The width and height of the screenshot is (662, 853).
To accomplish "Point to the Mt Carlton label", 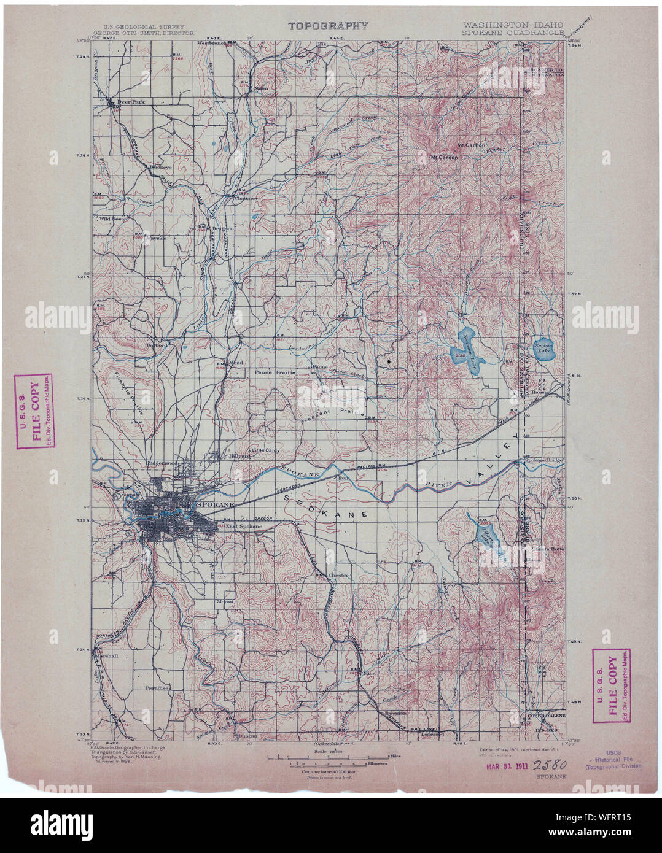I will tap(472, 145).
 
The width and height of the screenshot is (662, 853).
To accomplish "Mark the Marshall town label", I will tap(107, 655).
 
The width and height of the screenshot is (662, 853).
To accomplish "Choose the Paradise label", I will tap(157, 688).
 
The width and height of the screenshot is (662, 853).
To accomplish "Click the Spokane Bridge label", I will tap(542, 460).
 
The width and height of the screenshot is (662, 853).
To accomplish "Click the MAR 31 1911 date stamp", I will tap(506, 765).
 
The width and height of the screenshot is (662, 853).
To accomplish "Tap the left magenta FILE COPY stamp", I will tap(33, 411).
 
